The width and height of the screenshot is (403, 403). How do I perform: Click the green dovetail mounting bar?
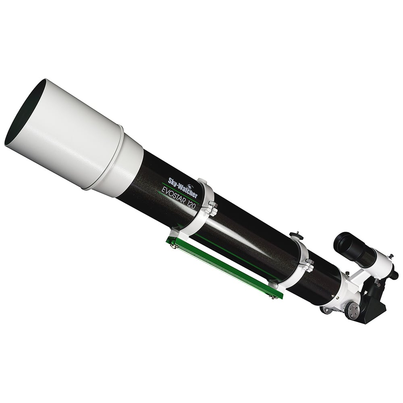pyautogui.click(x=226, y=266)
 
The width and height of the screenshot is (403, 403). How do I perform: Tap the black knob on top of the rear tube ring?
pyautogui.click(x=296, y=234)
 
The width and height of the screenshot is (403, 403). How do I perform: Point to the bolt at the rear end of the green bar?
pyautogui.click(x=274, y=297)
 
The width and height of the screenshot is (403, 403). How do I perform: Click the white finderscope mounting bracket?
pyautogui.click(x=355, y=278)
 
